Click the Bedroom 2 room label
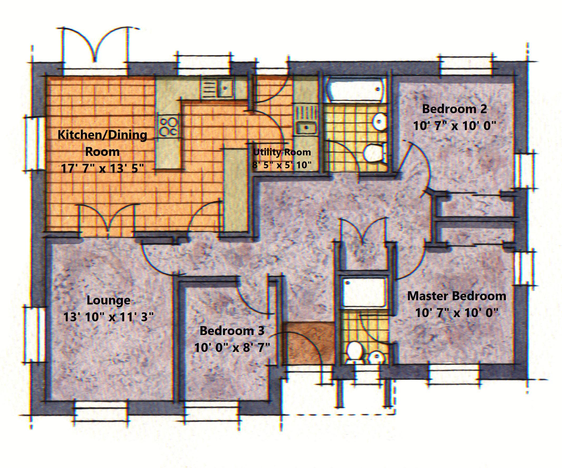coord(454,109)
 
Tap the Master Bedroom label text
coord(457,296)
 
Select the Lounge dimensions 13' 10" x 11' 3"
coord(108,317)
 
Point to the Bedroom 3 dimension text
coord(232,348)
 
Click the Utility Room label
coord(282,152)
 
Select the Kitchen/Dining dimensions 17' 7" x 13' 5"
coord(103,169)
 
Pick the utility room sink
coord(306,128)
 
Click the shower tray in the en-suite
coord(365,293)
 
